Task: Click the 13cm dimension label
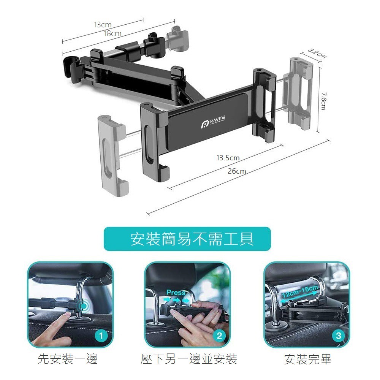click(103, 25)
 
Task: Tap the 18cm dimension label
click(112, 33)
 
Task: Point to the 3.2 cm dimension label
click(317, 54)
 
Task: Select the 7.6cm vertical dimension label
click(323, 101)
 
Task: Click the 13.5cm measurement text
click(228, 158)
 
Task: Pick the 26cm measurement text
click(237, 171)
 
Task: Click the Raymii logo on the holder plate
click(213, 122)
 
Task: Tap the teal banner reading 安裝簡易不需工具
click(187, 239)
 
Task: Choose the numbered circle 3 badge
click(338, 336)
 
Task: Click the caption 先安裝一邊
click(68, 359)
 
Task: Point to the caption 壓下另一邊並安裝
click(189, 359)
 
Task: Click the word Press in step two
click(176, 293)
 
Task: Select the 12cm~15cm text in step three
click(300, 291)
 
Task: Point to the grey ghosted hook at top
click(177, 38)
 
